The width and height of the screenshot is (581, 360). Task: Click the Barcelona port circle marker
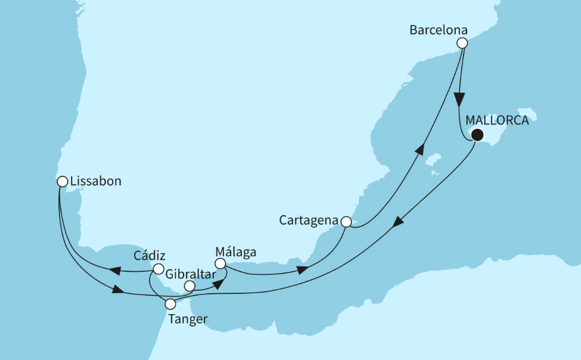point(462,43)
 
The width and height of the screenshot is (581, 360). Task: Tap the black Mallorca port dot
point(476,135)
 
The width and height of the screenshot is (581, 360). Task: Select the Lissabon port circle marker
point(62,181)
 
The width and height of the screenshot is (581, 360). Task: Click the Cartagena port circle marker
point(346,222)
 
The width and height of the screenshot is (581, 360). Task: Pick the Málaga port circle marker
point(220,263)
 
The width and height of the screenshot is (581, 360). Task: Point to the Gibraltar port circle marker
point(189,286)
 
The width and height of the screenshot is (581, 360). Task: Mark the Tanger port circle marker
point(170,304)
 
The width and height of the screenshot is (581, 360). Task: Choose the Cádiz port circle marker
point(159,269)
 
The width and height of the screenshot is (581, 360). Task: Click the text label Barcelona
point(438,30)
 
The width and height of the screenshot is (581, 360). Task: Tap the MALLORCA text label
point(497,120)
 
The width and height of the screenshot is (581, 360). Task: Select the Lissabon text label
point(95,181)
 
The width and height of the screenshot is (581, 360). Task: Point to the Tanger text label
point(188,319)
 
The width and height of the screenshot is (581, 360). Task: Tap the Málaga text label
point(236,252)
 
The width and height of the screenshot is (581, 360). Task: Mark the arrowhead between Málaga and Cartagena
point(303,271)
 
